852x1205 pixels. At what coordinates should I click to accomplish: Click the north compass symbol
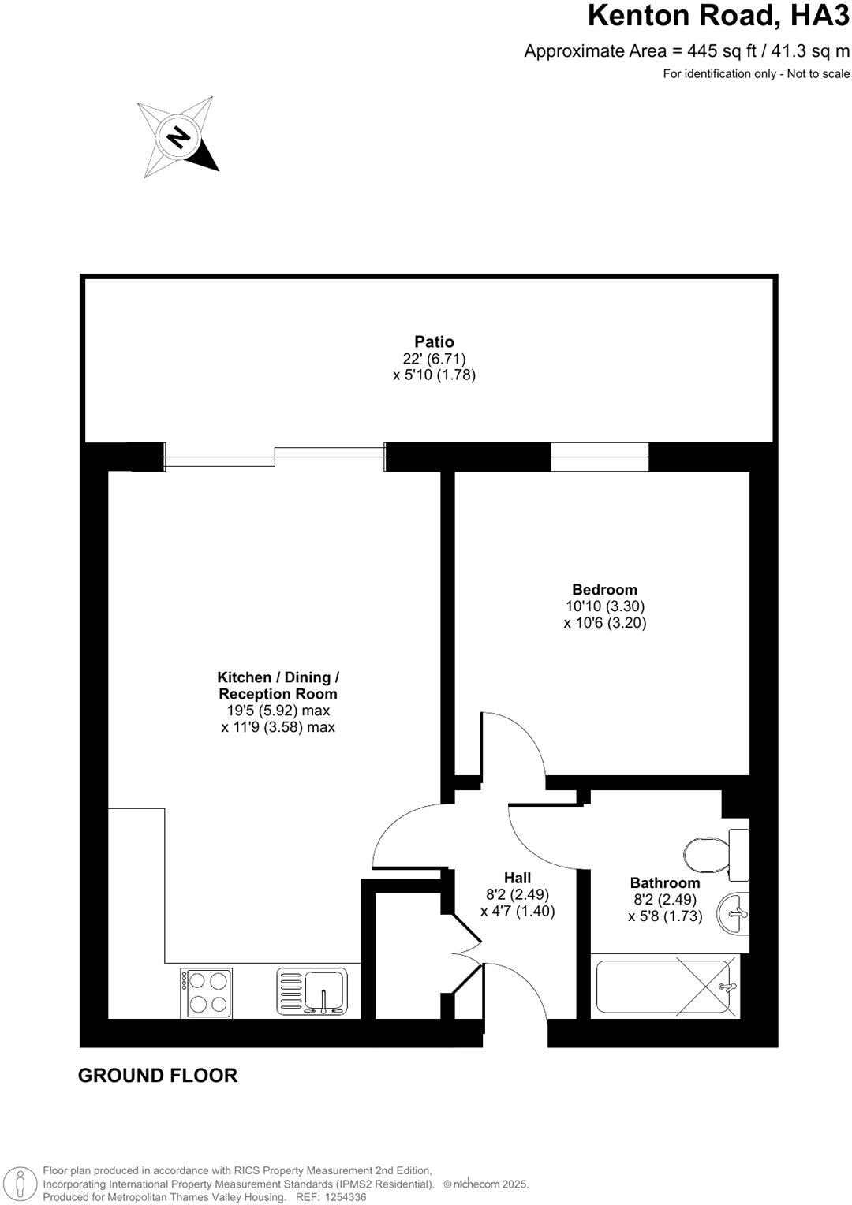tap(178, 137)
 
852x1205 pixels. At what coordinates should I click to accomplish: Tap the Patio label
tap(435, 342)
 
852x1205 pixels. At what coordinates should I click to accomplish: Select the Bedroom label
tap(605, 589)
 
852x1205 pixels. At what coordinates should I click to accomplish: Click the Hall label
tap(518, 878)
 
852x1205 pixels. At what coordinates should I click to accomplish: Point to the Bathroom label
tap(665, 883)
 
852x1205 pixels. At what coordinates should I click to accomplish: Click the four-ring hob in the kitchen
tap(207, 992)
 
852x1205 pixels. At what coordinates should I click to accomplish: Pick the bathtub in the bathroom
tap(667, 986)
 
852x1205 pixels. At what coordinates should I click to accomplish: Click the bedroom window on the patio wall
tap(600, 457)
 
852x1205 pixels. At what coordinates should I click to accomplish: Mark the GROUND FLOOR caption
tap(158, 1075)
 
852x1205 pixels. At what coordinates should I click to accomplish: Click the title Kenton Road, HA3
tap(719, 16)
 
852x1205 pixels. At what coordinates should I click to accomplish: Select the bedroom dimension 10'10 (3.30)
tap(605, 606)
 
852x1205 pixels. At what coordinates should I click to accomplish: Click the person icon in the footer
tap(24, 1183)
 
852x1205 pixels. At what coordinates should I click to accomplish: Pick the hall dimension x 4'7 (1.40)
tap(518, 911)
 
